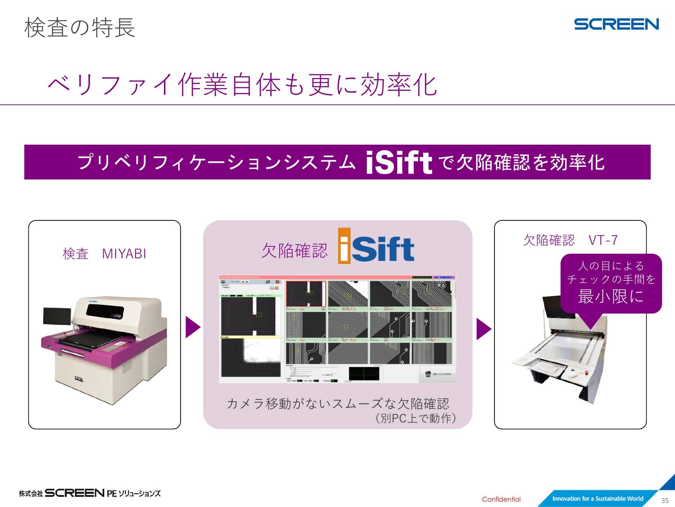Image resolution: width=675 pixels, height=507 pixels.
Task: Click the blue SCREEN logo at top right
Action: click(616, 24)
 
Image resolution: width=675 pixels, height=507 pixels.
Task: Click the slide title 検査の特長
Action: click(80, 28)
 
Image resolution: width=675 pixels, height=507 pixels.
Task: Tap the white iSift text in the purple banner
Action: click(399, 163)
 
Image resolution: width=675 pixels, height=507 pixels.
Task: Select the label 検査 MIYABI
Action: click(105, 254)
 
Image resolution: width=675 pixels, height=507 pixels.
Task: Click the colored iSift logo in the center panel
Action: click(376, 246)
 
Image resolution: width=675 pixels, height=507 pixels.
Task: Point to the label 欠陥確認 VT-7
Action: click(570, 240)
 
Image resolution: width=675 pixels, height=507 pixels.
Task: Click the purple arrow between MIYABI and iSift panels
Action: click(193, 327)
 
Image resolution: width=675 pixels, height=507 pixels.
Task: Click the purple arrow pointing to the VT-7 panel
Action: click(483, 329)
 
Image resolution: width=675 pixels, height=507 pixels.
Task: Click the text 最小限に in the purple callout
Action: click(611, 296)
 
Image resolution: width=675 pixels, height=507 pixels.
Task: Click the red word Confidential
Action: click(501, 499)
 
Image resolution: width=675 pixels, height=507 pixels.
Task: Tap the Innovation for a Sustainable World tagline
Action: click(598, 499)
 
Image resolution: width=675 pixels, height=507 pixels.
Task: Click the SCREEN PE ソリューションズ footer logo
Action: click(90, 493)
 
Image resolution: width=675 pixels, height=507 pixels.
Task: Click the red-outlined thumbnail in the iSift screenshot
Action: click(306, 293)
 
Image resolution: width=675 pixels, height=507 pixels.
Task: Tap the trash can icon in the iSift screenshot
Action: click(428, 374)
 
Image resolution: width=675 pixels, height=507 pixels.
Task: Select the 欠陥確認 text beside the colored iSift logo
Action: click(294, 250)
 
